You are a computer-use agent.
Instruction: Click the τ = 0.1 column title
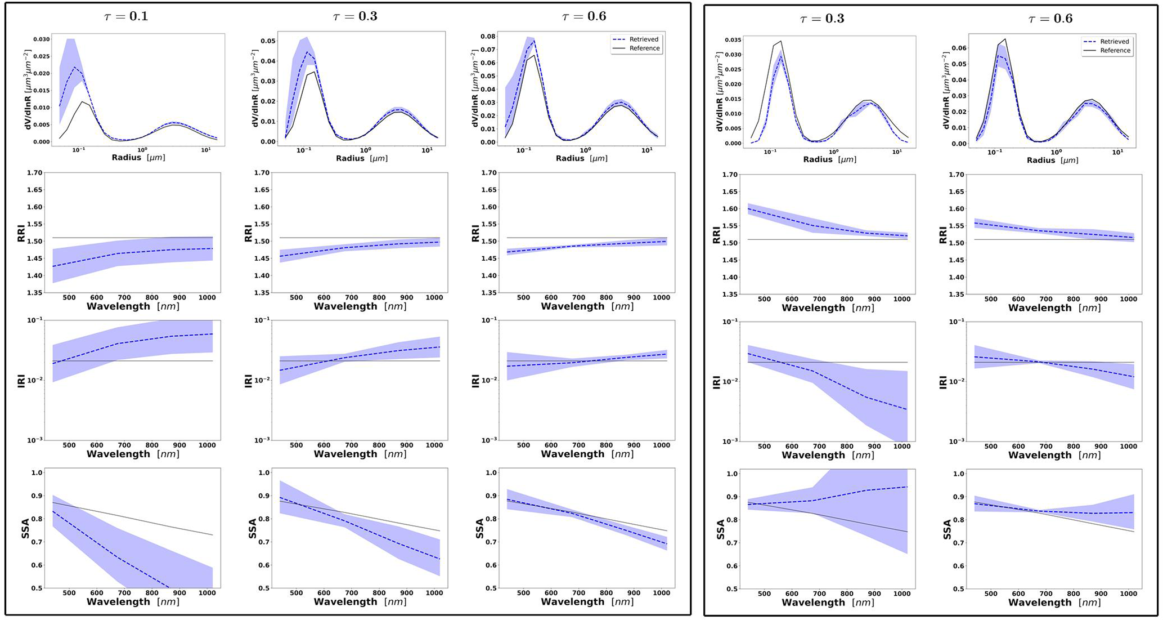(126, 16)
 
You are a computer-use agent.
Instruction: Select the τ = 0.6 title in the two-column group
(1050, 18)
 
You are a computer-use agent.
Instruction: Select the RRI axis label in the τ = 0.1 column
(22, 233)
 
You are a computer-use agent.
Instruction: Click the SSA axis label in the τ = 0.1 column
(25, 529)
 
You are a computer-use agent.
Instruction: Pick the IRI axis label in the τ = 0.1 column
(22, 381)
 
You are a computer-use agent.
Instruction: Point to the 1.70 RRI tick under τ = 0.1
(35, 173)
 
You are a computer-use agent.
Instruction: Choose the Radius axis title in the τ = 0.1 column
(138, 158)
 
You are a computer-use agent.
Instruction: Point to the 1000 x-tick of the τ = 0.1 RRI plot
(207, 298)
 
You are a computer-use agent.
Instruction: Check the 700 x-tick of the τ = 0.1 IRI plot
(124, 445)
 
